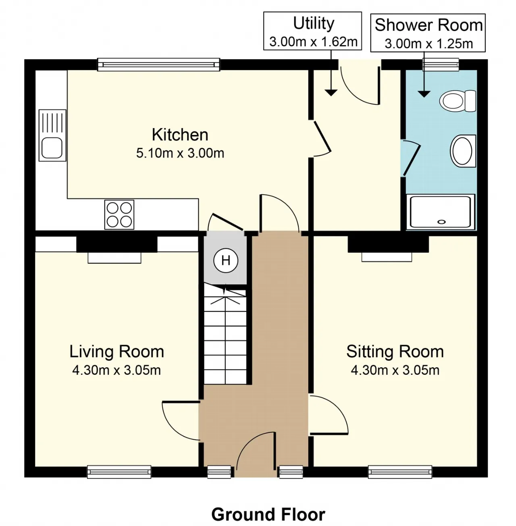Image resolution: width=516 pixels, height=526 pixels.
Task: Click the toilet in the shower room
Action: pos(457,101)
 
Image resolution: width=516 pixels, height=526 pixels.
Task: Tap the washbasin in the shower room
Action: pos(462,151)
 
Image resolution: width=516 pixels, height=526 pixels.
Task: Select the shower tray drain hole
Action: pos(441,222)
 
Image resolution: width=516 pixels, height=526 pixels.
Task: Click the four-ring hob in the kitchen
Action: pos(119,214)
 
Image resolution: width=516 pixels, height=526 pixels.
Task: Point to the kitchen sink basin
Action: pos(52,148)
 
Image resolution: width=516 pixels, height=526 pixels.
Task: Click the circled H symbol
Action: pos(226,261)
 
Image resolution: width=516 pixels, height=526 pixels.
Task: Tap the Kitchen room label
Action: pos(180,135)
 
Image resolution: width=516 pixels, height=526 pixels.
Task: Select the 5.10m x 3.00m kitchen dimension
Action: pos(180,153)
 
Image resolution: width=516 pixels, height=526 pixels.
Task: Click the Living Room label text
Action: pos(117,351)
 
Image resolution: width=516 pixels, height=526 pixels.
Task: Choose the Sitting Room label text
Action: pos(395,351)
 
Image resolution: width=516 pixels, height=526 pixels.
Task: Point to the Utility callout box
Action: pos(312,31)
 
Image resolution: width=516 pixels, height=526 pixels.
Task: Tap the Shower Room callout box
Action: pos(428,33)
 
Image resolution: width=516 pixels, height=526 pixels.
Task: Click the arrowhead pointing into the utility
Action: pos(331,93)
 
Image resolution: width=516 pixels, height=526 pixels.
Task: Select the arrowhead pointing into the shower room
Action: pos(424,94)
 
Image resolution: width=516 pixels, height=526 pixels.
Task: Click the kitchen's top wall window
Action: pos(158,65)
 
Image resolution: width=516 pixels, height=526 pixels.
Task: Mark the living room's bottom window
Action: pos(119,472)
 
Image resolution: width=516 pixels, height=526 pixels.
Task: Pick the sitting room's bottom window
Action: pos(400,472)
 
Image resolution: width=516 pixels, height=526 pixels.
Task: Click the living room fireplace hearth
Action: pos(114,258)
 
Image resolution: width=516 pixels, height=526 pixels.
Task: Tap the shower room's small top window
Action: pos(441,64)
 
